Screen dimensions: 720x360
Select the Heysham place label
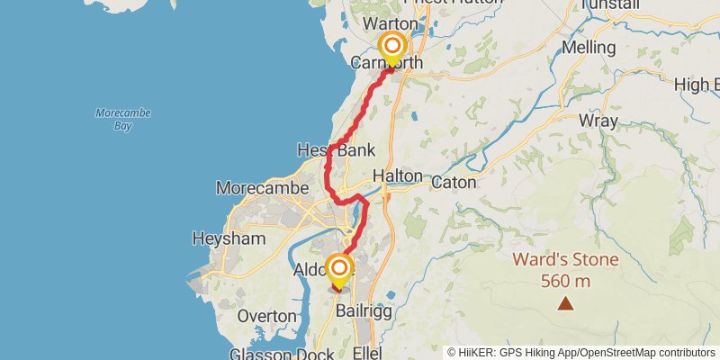pyautogui.click(x=229, y=238)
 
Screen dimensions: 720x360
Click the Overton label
pyautogui.click(x=266, y=316)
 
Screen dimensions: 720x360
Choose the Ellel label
pyautogui.click(x=369, y=351)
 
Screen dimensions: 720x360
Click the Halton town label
pyautogui.click(x=396, y=176)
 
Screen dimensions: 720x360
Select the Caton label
pyautogui.click(x=453, y=181)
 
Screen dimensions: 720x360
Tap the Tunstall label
pyautogui.click(x=610, y=5)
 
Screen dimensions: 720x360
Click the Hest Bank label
pyautogui.click(x=337, y=149)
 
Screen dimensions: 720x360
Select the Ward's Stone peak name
pyautogui.click(x=566, y=260)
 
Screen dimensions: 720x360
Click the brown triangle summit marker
pyautogui.click(x=566, y=304)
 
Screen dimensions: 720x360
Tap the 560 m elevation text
pyautogui.click(x=566, y=281)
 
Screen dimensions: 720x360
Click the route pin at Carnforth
pyautogui.click(x=392, y=47)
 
